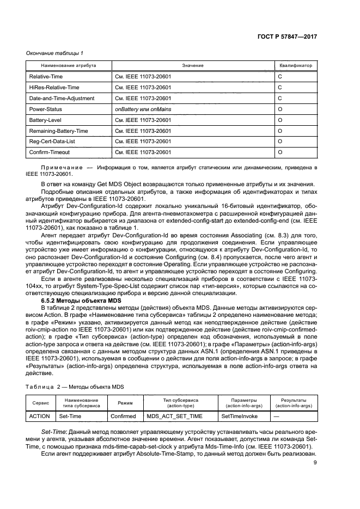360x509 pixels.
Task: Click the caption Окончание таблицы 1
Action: coord(55,53)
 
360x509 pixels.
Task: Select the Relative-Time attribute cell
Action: coord(46,77)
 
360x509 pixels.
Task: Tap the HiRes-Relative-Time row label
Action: coord(54,88)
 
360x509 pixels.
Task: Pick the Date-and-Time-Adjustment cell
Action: coord(62,98)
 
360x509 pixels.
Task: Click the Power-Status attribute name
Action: coord(45,109)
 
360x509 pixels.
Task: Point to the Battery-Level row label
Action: coord(45,120)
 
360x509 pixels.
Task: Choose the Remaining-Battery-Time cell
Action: coord(58,131)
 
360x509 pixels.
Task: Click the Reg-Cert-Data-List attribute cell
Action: coord(52,142)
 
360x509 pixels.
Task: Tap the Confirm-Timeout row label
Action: coord(50,152)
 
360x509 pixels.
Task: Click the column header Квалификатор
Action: coord(296,65)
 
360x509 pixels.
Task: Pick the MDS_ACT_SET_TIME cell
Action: coord(175,416)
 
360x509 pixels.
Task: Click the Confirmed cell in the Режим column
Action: coord(123,416)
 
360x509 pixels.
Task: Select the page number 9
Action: coord(315,463)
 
